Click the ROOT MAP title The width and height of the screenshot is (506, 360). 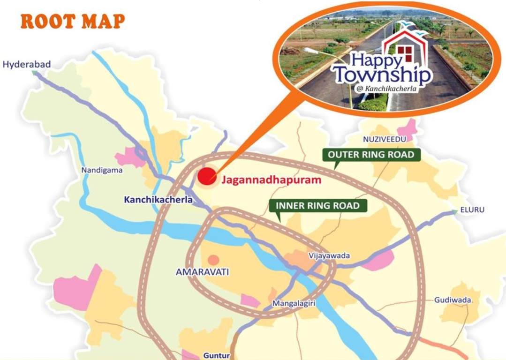click(73, 21)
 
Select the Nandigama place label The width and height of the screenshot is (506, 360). click(102, 170)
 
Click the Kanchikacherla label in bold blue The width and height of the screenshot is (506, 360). click(158, 200)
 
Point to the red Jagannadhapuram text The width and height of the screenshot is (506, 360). click(271, 180)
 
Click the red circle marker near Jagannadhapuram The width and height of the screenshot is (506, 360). click(207, 177)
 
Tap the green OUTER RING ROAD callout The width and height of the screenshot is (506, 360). click(370, 155)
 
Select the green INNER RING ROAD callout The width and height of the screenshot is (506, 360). click(317, 205)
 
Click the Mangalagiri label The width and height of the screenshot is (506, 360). click(294, 304)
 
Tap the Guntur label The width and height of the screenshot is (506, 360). click(217, 355)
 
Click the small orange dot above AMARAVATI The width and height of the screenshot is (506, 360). click(213, 259)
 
